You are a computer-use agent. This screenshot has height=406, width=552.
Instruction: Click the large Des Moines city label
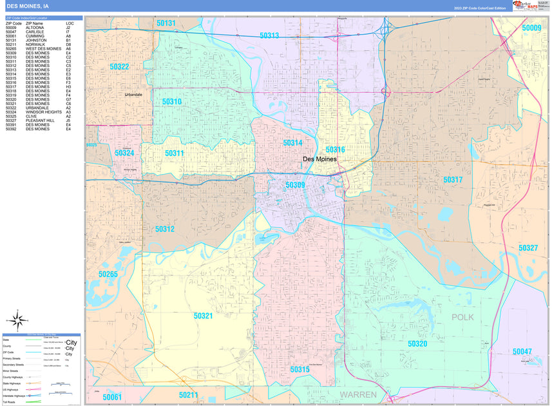point(319,159)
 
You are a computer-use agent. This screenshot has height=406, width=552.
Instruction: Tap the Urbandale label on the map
point(134,95)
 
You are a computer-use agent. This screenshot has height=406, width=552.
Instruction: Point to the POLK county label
point(462,317)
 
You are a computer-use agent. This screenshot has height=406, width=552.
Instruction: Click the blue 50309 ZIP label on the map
point(296,186)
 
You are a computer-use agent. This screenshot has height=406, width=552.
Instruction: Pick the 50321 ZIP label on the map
point(204,316)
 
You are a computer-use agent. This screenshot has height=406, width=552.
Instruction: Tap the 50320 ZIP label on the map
point(417,344)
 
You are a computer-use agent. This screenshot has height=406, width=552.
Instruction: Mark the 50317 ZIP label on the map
point(453,180)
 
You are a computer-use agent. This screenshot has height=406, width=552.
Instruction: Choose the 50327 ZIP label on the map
point(528,248)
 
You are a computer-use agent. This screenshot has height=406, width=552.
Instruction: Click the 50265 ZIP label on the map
point(108,274)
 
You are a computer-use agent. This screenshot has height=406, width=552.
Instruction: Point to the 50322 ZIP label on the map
point(119,66)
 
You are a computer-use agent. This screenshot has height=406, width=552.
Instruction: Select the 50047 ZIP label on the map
point(522,351)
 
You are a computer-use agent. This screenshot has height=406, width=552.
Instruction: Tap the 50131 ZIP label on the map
point(166,23)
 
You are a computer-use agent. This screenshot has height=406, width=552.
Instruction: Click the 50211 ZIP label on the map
point(189,394)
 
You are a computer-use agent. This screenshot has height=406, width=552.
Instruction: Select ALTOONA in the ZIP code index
point(35,28)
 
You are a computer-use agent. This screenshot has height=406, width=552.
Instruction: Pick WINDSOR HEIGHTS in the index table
point(44,112)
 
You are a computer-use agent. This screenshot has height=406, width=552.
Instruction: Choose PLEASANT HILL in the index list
point(40,121)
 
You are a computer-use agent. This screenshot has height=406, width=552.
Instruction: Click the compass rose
point(15,318)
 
